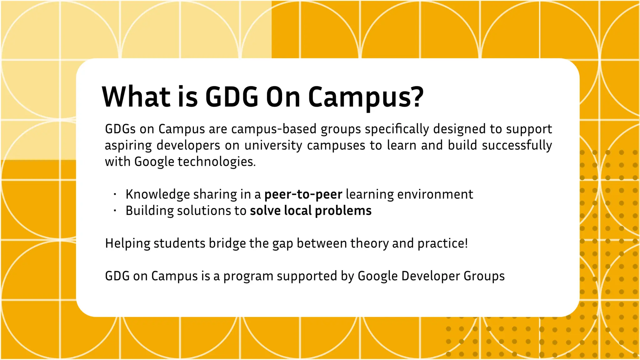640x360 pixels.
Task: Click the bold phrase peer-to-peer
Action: (303, 194)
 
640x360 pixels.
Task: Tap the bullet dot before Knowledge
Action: (115, 194)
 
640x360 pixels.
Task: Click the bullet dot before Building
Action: (115, 211)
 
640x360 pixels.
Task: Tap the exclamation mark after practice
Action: (466, 243)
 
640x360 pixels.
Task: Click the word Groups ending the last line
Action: (484, 276)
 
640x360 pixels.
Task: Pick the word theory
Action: (369, 243)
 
